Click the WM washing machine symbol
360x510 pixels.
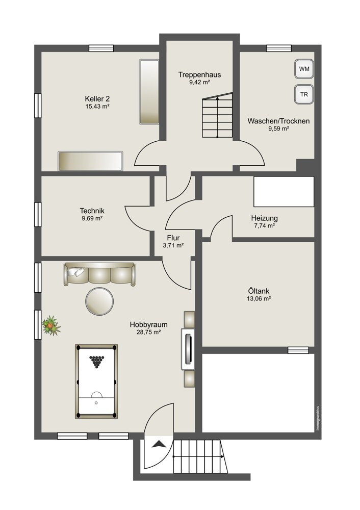[304, 69]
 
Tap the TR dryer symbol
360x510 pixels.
[304, 95]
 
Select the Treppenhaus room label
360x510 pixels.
[199, 75]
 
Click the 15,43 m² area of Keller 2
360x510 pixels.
[97, 107]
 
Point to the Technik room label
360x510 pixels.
[92, 211]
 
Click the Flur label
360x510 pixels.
[173, 238]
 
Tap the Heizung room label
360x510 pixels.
[264, 218]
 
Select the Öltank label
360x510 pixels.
[259, 291]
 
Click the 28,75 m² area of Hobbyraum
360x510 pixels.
[148, 332]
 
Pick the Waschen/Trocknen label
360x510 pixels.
[279, 121]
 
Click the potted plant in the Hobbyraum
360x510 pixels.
[50, 325]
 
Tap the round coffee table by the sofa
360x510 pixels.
[99, 301]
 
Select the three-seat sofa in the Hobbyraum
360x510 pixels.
[99, 274]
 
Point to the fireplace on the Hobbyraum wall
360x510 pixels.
[188, 349]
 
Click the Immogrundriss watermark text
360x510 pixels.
[318, 418]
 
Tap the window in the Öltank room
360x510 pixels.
[298, 350]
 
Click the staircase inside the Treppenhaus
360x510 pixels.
[218, 115]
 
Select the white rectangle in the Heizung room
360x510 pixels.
[284, 192]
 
